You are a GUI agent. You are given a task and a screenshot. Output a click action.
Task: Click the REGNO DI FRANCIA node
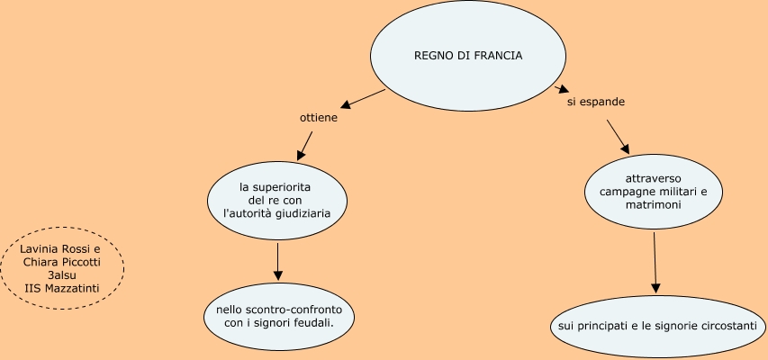point(467,56)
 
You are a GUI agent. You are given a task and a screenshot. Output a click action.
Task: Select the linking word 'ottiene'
point(318,118)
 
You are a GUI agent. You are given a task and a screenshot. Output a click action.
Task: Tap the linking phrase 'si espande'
point(595,102)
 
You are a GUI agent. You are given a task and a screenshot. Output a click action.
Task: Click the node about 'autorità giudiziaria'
point(277,201)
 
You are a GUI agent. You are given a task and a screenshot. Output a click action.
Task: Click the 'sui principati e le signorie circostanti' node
point(657,324)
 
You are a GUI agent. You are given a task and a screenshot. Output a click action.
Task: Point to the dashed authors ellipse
point(61,267)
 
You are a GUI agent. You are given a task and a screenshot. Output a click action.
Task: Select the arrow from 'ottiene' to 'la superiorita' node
point(304,143)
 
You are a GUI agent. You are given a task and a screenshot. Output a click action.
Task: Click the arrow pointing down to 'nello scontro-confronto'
point(278,261)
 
